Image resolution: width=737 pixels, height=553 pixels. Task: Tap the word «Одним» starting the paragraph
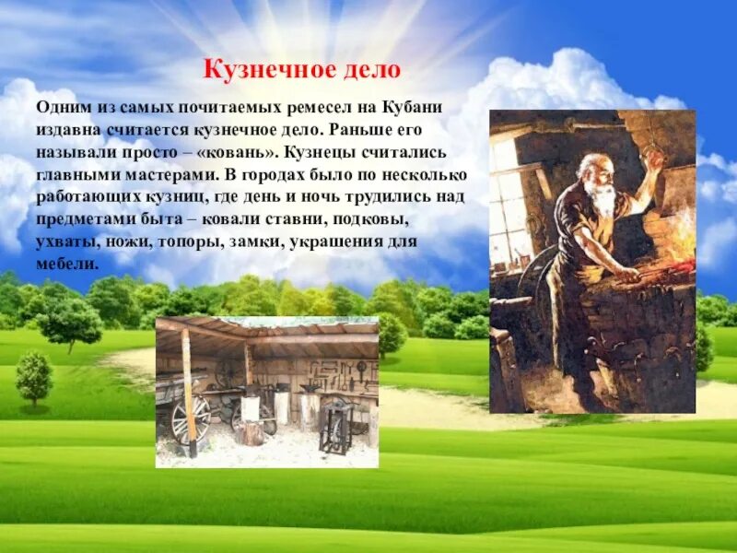pyautogui.click(x=60, y=108)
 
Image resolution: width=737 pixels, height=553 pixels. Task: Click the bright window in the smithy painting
pyautogui.click(x=511, y=198)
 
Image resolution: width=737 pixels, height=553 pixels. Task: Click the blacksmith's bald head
pyautogui.click(x=590, y=166)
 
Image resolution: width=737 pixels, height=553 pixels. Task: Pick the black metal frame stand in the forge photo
pyautogui.click(x=335, y=429)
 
